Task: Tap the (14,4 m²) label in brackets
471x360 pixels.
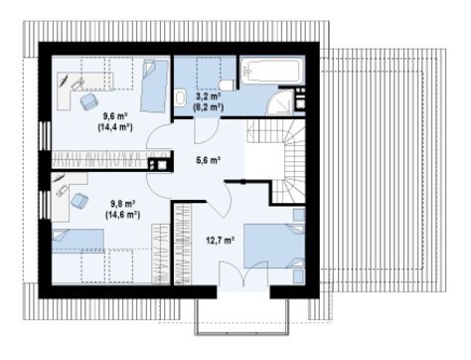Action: (115, 128)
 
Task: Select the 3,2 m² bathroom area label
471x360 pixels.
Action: (208, 95)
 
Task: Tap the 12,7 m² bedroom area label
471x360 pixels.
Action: (219, 240)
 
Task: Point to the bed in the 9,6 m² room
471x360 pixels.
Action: (153, 86)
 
